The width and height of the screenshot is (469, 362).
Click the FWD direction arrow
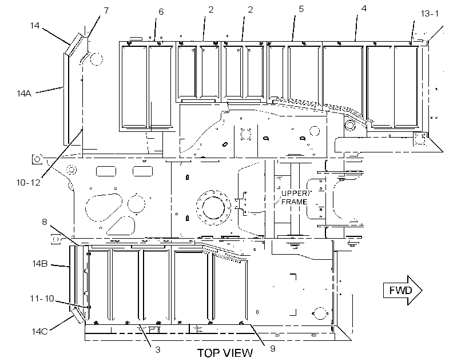coord(403,290)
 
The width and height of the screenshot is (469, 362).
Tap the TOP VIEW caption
coord(225,353)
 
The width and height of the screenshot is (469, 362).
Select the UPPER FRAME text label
coord(295,198)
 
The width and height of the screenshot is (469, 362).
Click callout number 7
coord(106,10)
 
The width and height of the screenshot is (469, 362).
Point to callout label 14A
coord(24,94)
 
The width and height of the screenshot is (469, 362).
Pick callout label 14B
coord(40,263)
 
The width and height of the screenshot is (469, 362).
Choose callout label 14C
coord(40,331)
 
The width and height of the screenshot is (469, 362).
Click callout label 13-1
coord(430,14)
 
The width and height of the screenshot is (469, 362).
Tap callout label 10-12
coord(28,183)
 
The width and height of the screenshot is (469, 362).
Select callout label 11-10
coord(42,299)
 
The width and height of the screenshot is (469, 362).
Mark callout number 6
coord(161,11)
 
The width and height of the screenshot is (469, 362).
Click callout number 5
coord(301,9)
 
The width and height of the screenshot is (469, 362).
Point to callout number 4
coord(364,9)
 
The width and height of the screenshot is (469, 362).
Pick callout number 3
coord(158,350)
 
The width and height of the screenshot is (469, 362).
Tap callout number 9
coord(272,348)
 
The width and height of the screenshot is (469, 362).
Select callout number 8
coord(44,222)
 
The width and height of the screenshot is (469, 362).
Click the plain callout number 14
coord(35,25)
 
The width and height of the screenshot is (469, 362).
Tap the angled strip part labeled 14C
coord(77,315)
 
